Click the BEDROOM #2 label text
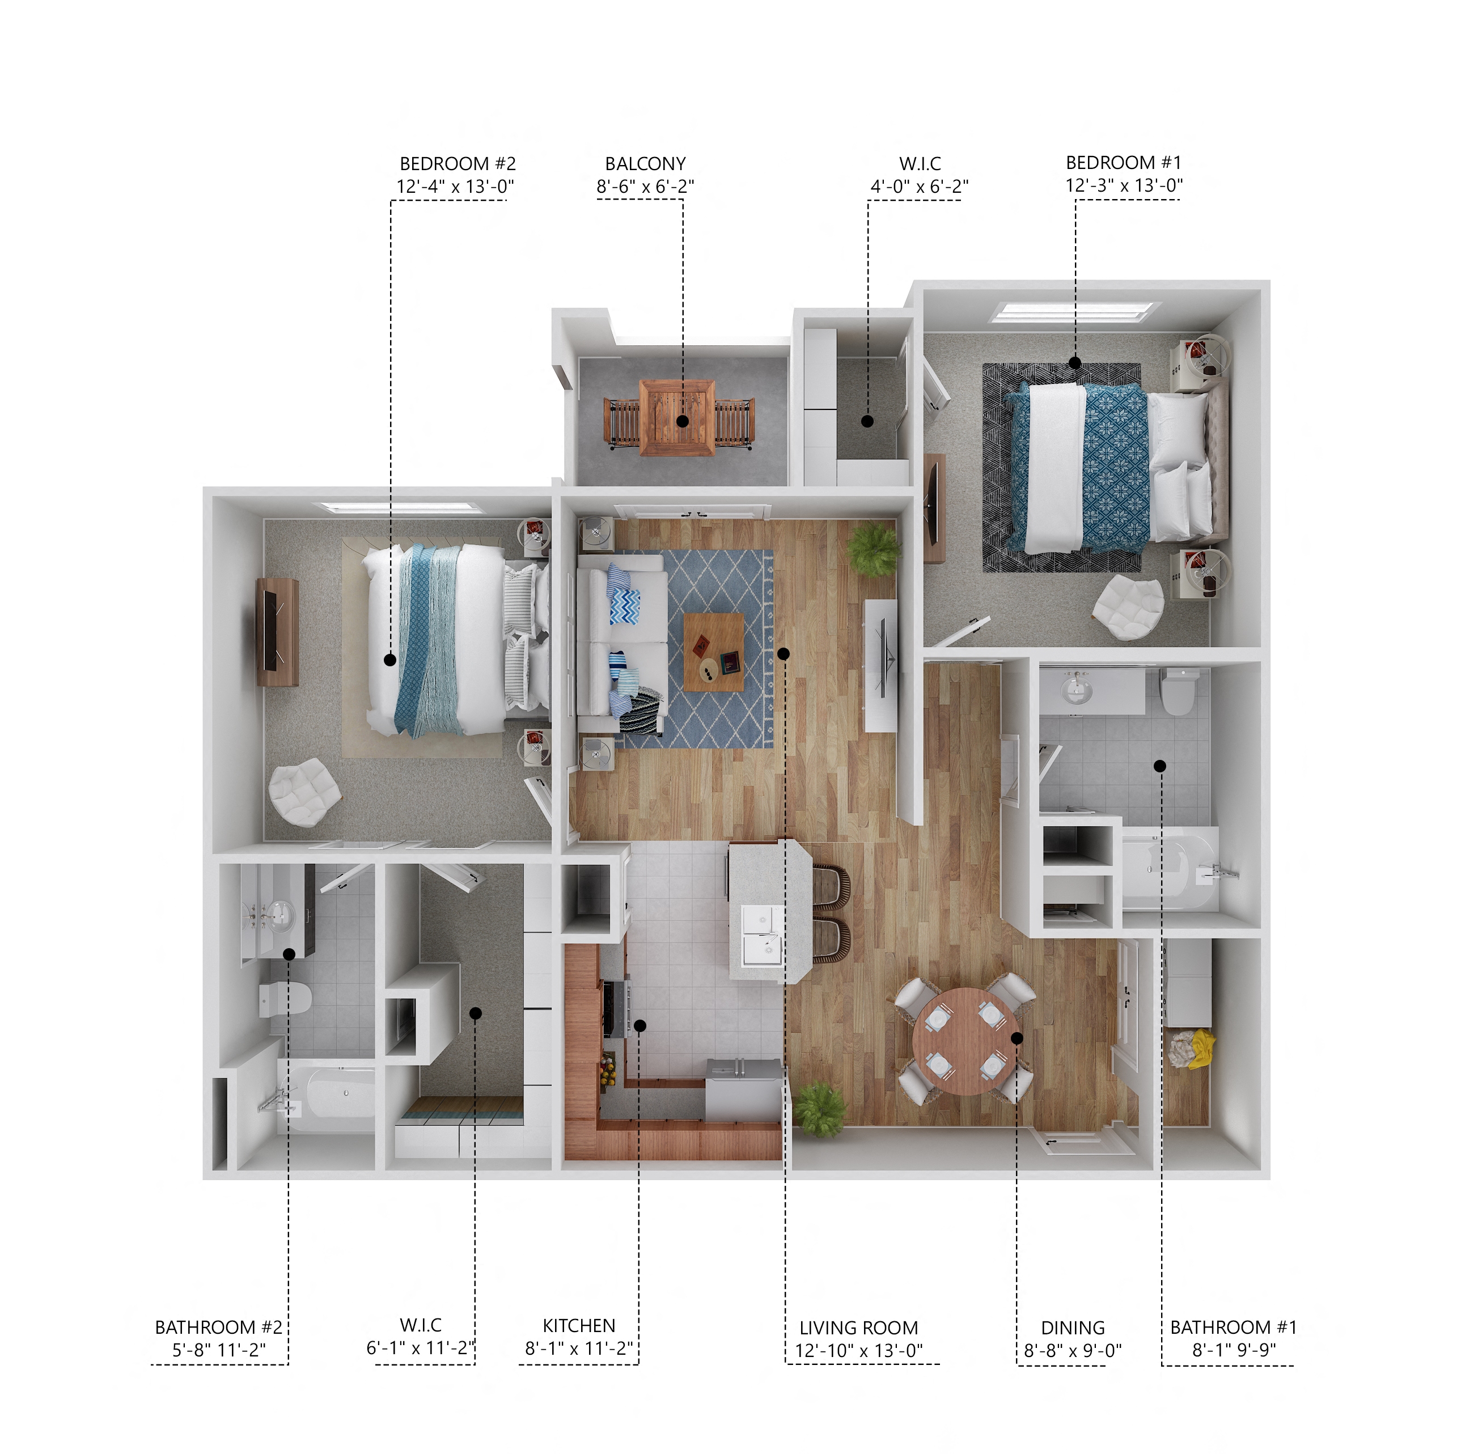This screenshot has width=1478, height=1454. point(458,163)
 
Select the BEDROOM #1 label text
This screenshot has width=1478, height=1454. point(1123,163)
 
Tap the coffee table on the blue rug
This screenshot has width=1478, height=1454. point(713,652)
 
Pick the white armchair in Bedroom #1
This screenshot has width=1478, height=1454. point(1128,607)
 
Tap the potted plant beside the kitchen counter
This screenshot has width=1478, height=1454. point(819,1108)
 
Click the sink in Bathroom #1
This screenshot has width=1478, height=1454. point(1077,692)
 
